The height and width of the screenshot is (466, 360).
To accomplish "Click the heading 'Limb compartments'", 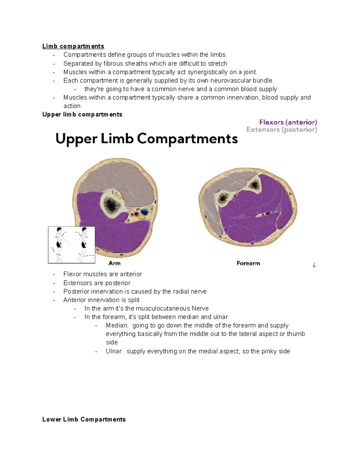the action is click(x=73, y=46).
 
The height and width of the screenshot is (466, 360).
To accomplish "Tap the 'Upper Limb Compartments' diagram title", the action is click(x=146, y=139).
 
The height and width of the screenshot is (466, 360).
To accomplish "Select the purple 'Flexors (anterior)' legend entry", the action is click(x=288, y=122).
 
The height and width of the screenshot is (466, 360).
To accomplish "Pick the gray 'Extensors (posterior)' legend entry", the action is click(x=281, y=130).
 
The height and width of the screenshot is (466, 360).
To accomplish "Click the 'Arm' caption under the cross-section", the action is click(x=114, y=263).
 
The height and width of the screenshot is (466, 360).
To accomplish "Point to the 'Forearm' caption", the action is click(x=248, y=263).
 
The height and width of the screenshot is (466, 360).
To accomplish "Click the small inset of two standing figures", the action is click(x=72, y=245).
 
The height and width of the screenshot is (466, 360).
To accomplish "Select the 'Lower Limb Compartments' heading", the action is click(x=84, y=419).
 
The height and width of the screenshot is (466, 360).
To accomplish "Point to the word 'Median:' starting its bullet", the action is click(x=117, y=326).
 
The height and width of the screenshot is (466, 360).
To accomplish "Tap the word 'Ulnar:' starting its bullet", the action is click(x=114, y=351).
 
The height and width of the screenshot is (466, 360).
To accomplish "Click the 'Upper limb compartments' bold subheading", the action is click(x=82, y=114).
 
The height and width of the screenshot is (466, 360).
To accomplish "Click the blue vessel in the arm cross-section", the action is click(x=145, y=212).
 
